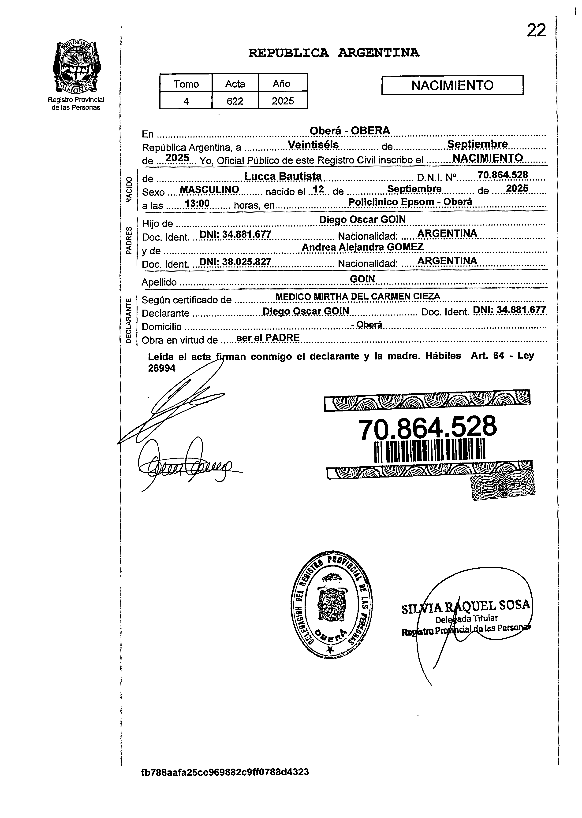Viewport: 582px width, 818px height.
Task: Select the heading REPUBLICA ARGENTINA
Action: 334,53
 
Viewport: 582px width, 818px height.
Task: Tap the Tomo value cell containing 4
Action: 186,101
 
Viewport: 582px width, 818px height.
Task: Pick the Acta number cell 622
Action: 235,101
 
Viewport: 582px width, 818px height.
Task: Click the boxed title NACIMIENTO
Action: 452,85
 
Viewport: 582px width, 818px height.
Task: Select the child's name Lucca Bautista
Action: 283,176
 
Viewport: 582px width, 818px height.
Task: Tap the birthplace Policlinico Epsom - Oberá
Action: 410,202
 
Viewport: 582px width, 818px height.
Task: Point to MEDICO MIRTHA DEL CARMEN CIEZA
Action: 357,296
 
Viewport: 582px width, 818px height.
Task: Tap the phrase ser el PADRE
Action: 268,338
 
